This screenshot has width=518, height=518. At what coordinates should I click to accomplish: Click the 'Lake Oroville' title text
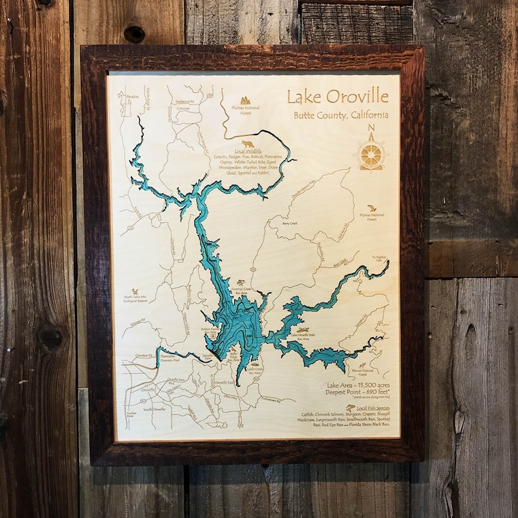point(337,97)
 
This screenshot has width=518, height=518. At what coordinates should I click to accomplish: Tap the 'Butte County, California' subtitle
point(341,115)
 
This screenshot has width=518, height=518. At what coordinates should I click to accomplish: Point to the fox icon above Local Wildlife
point(247,143)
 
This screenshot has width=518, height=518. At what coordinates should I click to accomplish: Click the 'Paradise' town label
point(133,97)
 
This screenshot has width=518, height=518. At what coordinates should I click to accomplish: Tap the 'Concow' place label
point(183,108)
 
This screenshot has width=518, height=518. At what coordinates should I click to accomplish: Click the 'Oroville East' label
point(225,382)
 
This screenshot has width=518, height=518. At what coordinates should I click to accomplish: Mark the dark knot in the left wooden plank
point(50,337)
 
